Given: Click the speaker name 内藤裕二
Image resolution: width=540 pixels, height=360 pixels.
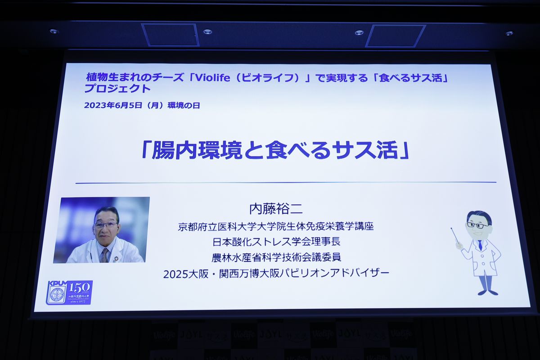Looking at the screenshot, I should [276, 209].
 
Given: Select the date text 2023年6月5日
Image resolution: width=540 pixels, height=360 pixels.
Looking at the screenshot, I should [115, 106].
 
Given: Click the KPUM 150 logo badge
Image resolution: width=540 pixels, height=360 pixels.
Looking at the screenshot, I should [69, 292].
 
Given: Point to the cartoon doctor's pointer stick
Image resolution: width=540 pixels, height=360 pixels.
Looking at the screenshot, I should [455, 235].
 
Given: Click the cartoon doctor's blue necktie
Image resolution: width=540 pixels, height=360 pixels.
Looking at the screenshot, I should [480, 245].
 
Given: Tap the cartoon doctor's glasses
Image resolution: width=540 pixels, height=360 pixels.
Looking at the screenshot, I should [477, 225].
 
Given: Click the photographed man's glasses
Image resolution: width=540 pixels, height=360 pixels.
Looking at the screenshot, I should [106, 225].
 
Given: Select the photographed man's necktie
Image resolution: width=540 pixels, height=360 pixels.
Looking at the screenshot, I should [104, 255].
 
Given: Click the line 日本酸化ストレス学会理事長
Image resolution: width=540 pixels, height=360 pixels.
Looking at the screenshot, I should [276, 242].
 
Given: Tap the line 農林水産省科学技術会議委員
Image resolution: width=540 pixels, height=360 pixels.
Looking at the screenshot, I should [276, 257].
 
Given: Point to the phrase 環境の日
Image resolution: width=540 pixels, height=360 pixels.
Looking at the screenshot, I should [184, 106].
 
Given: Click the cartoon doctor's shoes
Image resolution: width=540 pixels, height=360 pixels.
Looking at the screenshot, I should [488, 292].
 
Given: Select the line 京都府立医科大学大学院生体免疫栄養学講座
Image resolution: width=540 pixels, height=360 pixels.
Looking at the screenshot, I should [276, 226].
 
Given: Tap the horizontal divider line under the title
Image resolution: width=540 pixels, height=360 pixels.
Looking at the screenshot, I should [286, 183].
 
